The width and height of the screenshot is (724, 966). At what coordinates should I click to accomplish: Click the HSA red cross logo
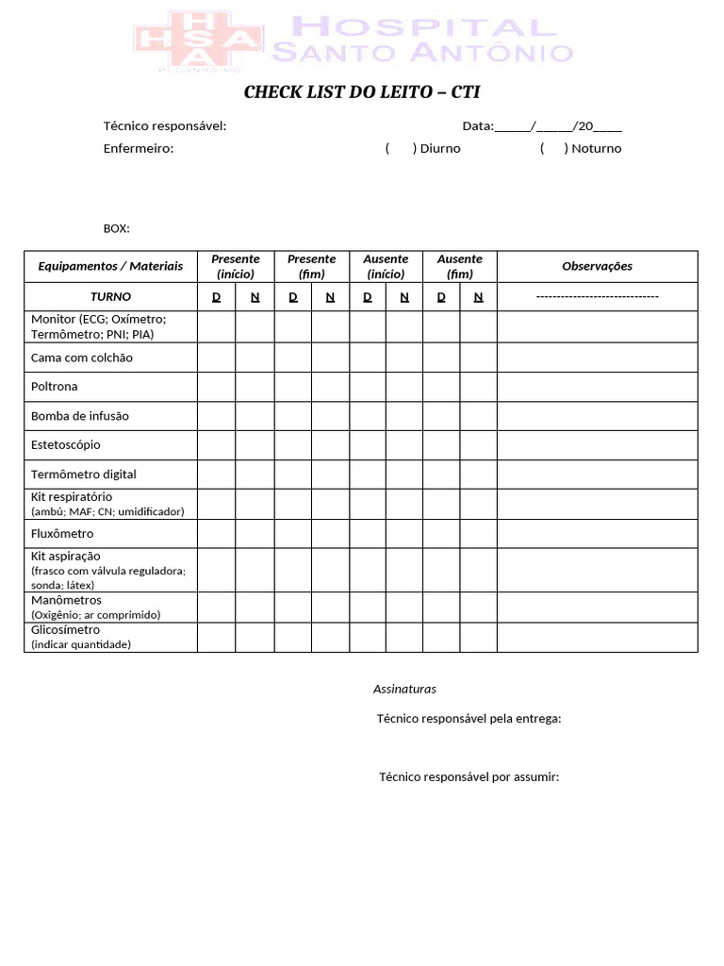pyautogui.click(x=198, y=42)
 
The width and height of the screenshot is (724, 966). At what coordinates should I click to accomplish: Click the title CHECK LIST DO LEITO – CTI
pyautogui.click(x=362, y=92)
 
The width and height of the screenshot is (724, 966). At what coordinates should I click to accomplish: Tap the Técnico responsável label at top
pyautogui.click(x=164, y=125)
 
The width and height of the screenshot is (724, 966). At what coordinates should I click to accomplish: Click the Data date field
pyautogui.click(x=541, y=125)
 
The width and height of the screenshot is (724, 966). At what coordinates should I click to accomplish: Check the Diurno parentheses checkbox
pyautogui.click(x=401, y=148)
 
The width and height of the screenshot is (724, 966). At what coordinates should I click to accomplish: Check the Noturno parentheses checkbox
pyautogui.click(x=554, y=148)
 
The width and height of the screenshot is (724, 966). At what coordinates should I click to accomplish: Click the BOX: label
pyautogui.click(x=116, y=228)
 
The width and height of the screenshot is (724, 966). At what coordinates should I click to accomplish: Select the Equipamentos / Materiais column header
pyautogui.click(x=110, y=266)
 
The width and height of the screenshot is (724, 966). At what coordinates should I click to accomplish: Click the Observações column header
pyautogui.click(x=597, y=266)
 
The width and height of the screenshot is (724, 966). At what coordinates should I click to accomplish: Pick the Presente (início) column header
pyautogui.click(x=236, y=266)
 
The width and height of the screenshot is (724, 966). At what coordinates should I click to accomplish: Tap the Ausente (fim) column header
pyautogui.click(x=460, y=266)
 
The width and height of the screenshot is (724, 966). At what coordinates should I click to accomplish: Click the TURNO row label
pyautogui.click(x=110, y=296)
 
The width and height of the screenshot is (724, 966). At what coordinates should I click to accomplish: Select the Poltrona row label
pyautogui.click(x=55, y=387)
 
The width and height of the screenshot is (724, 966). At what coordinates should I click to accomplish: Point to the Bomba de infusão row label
pyautogui.click(x=80, y=416)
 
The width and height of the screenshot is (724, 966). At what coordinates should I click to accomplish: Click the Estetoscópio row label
pyautogui.click(x=66, y=444)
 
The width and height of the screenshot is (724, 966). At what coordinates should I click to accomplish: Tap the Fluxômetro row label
pyautogui.click(x=62, y=534)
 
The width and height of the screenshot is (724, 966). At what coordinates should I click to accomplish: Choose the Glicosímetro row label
pyautogui.click(x=66, y=630)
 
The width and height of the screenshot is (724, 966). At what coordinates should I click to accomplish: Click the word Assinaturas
pyautogui.click(x=404, y=689)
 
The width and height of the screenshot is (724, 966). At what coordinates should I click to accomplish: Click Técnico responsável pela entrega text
pyautogui.click(x=469, y=719)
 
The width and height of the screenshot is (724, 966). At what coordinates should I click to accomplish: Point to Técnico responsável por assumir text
pyautogui.click(x=469, y=776)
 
